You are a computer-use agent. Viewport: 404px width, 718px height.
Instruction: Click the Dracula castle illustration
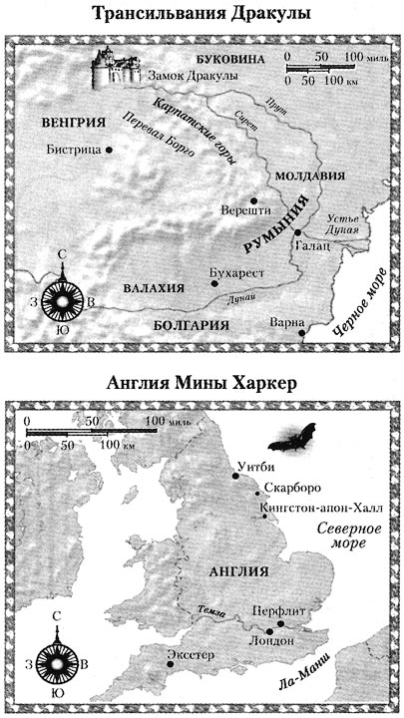(x=116, y=66)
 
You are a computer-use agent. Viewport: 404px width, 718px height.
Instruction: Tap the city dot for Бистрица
(x=108, y=150)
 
